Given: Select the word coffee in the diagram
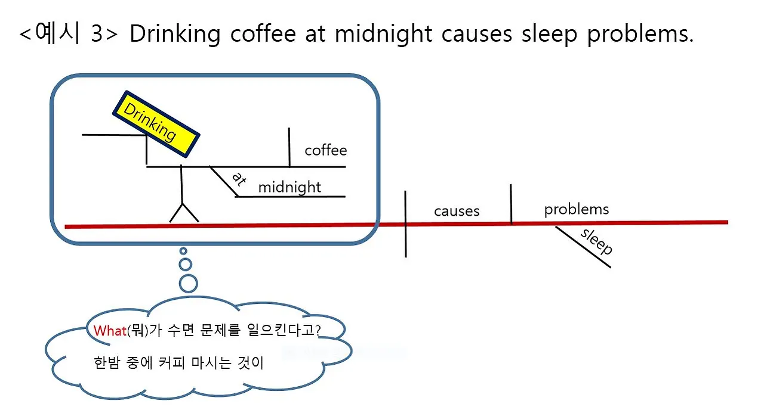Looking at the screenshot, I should [325, 150].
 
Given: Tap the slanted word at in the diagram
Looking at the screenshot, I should [238, 179].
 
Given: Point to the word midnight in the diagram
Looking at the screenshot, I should [289, 187].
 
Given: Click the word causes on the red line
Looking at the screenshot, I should [457, 211].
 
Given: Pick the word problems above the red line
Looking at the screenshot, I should [577, 209].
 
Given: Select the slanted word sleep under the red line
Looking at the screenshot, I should [596, 241].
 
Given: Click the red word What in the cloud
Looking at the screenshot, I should [110, 331].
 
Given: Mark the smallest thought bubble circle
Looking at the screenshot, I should [183, 251].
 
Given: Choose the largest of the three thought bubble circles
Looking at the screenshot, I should [188, 283].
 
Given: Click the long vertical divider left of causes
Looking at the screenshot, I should [406, 223].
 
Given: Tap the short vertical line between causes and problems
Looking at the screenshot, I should [511, 204].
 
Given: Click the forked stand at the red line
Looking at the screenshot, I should [184, 211].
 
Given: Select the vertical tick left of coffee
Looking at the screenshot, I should [289, 147].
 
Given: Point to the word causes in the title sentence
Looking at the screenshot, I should [476, 34].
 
